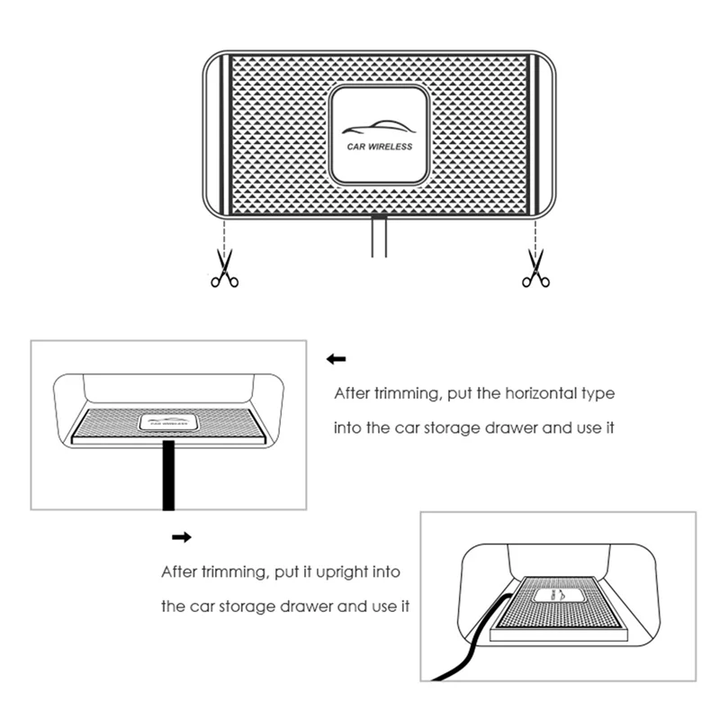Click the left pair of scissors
pos(224,268)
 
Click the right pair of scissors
pos(535,268)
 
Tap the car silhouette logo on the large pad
pos(379,127)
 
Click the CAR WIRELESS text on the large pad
pos(379,147)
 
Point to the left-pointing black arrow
pos(336,359)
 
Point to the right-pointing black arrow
pos(182,536)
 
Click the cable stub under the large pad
pos(379,236)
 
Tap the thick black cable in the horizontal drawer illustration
pos(168,475)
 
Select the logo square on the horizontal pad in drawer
pos(168,422)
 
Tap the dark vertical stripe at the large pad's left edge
pos(224,134)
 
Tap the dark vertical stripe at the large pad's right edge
pos(534,134)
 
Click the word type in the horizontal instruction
pos(598,394)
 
